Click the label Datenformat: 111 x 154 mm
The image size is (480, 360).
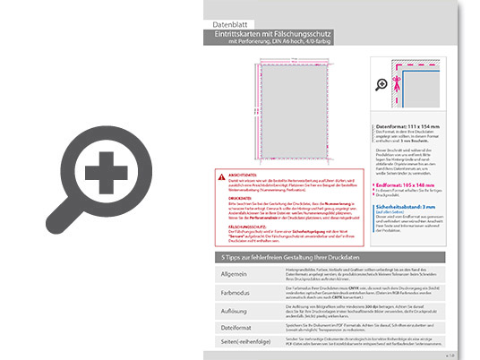pos(413,127)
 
